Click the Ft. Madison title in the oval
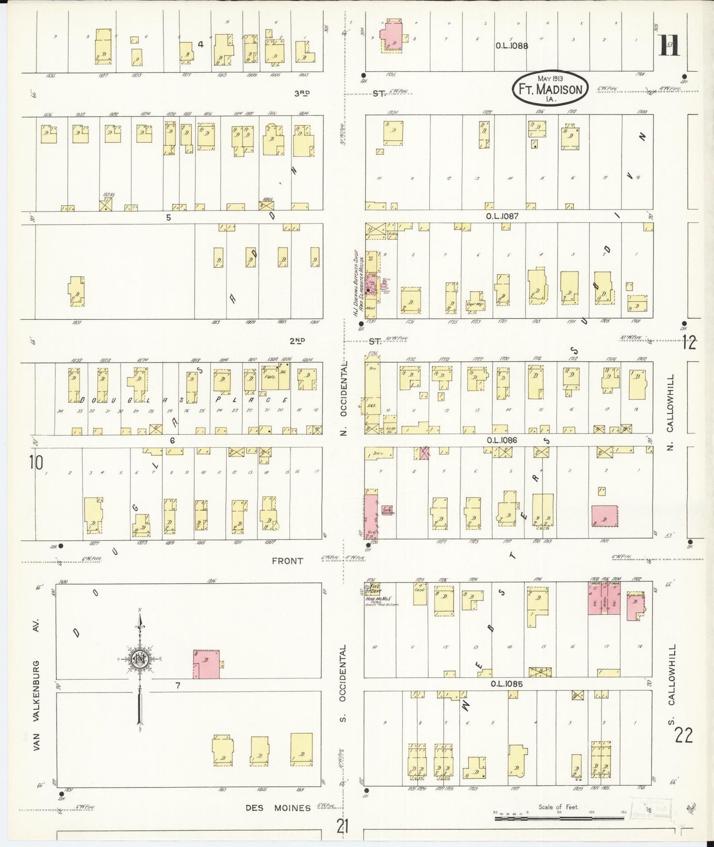(x=549, y=89)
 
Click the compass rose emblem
(x=139, y=659)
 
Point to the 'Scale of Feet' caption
(x=558, y=807)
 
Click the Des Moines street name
(x=278, y=808)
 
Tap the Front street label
(x=287, y=561)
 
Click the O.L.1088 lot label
(x=512, y=45)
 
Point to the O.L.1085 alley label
(x=506, y=684)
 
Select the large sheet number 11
(x=670, y=47)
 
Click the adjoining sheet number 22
(x=684, y=736)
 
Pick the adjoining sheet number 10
(x=36, y=463)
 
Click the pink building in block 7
(x=206, y=664)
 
